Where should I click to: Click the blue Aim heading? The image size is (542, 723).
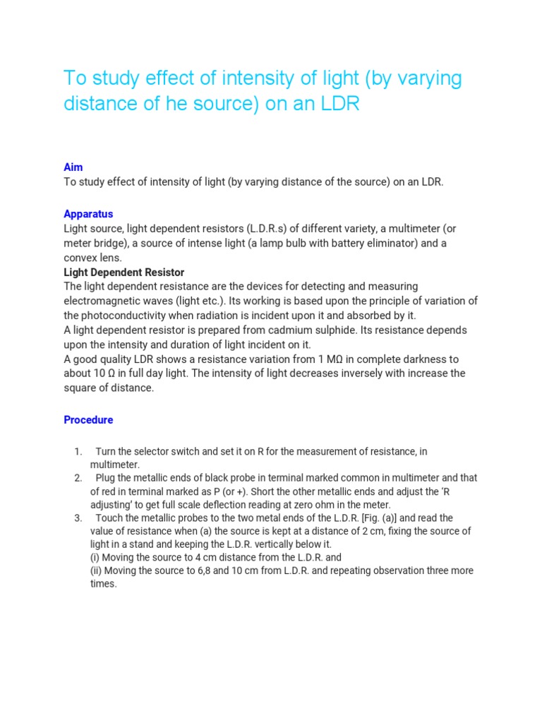(x=73, y=167)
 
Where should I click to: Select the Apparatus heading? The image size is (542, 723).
(x=88, y=214)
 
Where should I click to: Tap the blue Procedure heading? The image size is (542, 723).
(x=88, y=420)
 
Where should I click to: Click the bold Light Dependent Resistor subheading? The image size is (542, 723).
(x=124, y=272)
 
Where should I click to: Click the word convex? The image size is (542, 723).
(x=81, y=258)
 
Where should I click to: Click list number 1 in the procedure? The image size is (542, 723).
(x=78, y=452)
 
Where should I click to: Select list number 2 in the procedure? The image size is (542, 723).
(x=78, y=479)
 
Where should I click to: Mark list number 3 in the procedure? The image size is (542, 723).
(x=78, y=518)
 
